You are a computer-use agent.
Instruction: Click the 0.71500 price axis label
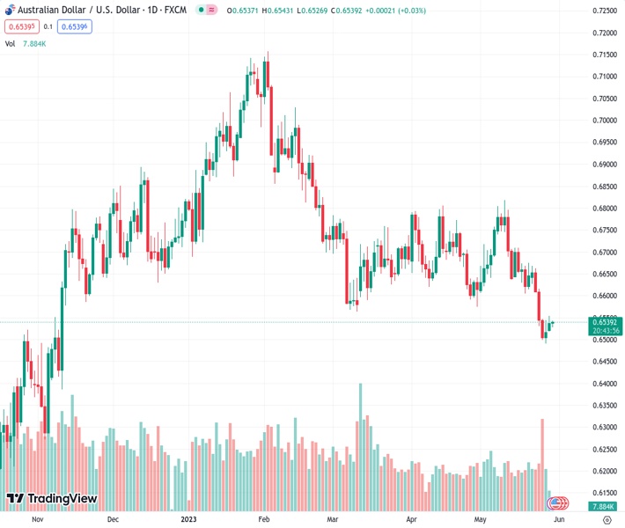[x=604, y=55]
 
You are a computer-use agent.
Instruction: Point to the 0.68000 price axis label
[x=604, y=209]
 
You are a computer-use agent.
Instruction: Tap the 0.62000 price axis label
[x=604, y=472]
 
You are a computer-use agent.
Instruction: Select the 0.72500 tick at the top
[x=604, y=11]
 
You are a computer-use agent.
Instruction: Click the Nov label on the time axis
[x=37, y=519]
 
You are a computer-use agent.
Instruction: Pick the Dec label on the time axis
[x=113, y=519]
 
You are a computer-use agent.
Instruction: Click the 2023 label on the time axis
[x=188, y=519]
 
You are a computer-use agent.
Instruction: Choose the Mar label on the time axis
[x=333, y=519]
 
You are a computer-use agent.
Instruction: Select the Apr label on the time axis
[x=410, y=519]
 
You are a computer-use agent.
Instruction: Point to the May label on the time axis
[x=480, y=519]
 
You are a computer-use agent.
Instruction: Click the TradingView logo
[x=51, y=499]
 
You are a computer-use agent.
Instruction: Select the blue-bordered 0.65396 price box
[x=75, y=26]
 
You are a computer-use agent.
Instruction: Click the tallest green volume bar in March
[x=360, y=444]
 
